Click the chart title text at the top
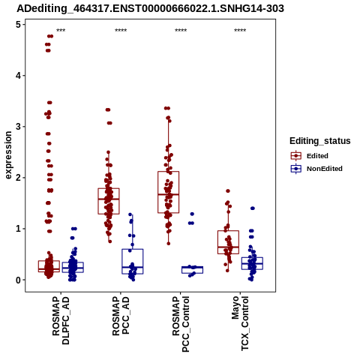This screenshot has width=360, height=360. click(x=150, y=8)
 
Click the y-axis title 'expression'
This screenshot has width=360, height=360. click(x=8, y=155)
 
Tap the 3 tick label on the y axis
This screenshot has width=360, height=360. click(x=18, y=127)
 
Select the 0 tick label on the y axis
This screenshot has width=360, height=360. click(x=18, y=280)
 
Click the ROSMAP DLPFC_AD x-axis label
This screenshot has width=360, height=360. click(x=61, y=321)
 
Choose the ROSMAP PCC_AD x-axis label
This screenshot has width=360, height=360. click(x=121, y=316)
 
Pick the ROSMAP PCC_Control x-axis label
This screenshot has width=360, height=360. click(x=181, y=324)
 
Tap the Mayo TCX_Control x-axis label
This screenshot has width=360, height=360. click(x=240, y=323)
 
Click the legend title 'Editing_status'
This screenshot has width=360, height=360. click(x=320, y=141)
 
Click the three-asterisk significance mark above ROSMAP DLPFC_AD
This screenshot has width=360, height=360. click(x=61, y=31)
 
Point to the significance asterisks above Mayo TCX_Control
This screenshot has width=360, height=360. click(x=240, y=31)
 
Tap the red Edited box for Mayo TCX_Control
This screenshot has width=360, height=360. click(x=228, y=231)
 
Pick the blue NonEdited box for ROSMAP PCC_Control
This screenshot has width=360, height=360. click(x=192, y=266)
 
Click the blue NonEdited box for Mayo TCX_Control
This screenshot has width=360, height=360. click(x=252, y=257)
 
